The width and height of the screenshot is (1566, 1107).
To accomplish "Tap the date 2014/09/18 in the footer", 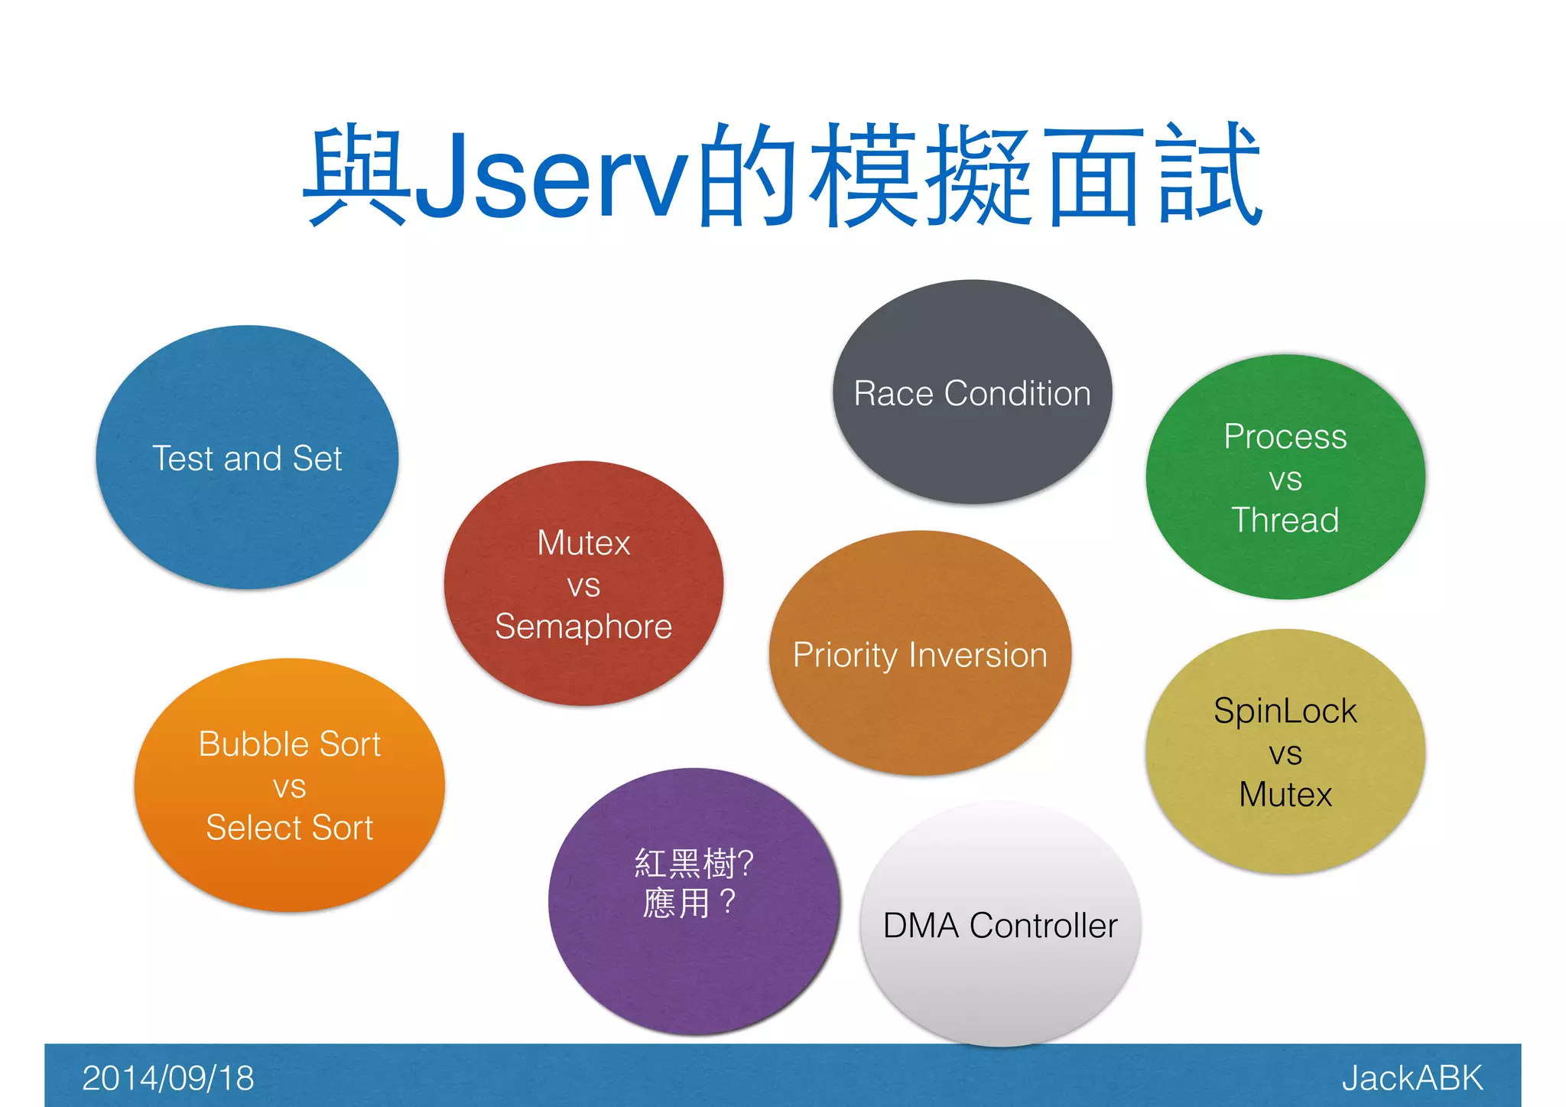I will (x=167, y=1078).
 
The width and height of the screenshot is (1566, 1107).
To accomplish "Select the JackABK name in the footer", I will (x=1412, y=1078).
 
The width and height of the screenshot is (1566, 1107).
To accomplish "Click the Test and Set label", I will (x=247, y=458).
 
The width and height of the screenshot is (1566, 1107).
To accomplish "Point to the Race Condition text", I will (x=972, y=393).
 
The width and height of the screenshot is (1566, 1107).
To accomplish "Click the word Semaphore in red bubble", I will (x=583, y=627).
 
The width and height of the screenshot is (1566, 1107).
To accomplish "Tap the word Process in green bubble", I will (x=1285, y=437).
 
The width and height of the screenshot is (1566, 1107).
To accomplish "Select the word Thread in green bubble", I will (x=1285, y=520).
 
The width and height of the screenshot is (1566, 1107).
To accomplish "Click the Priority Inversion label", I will (x=920, y=656).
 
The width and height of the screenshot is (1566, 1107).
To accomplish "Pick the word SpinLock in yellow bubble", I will (x=1285, y=711).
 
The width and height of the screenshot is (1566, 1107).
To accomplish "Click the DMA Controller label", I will (x=1000, y=926).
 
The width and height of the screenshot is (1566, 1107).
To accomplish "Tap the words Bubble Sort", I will (x=289, y=744).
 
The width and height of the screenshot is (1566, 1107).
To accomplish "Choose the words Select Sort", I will (x=289, y=828).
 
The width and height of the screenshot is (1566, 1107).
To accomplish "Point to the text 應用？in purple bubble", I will (x=688, y=903).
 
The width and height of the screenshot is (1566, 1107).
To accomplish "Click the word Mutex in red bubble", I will (x=583, y=543).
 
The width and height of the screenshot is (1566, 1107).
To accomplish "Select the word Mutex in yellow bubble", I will (x=1285, y=794).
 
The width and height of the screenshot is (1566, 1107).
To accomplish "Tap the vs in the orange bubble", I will (x=289, y=786).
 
